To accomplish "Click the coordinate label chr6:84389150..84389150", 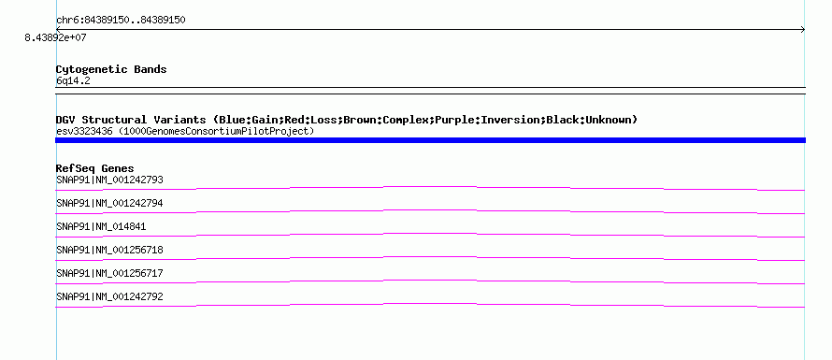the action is coord(121,21).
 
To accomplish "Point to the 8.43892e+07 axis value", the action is coord(56,37).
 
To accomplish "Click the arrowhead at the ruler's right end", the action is coord(803,30).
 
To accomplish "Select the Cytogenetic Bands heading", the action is coord(111,69).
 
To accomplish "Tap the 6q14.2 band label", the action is coord(73,80).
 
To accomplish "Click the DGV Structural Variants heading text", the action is coord(131,120).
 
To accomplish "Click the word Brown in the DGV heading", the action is coord(360,120).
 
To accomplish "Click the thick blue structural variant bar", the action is coord(430,140).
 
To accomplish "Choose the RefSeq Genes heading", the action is coord(95,168).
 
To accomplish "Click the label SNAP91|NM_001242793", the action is coord(109,180).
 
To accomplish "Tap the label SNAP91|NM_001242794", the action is coord(109,203).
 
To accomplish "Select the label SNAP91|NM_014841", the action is coord(101,226).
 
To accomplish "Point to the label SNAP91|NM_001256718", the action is coord(109,250).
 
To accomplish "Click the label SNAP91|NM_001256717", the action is coord(109,273).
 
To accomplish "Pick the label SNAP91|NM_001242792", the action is coord(109,296).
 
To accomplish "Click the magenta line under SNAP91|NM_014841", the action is coord(430,234).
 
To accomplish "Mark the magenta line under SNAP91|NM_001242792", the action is coord(430,304).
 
